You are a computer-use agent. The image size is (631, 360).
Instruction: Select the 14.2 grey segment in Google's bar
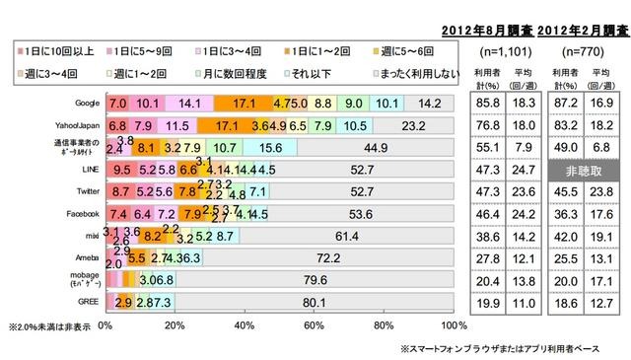(429, 104)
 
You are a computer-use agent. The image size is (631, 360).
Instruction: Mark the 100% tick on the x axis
(453, 325)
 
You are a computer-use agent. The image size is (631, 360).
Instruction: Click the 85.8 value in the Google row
(484, 104)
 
